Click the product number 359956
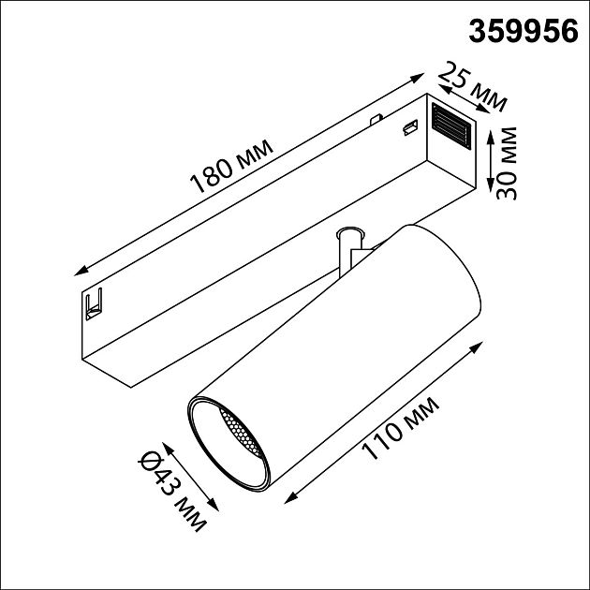tap(523, 32)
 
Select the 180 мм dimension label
tap(231, 166)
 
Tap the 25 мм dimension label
tap(473, 86)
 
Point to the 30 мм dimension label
tap(506, 163)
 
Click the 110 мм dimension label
tap(400, 428)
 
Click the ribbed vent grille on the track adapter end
tap(451, 125)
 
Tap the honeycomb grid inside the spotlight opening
tap(240, 432)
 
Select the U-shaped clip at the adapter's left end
tap(94, 304)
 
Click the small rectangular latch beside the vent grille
tap(410, 127)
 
